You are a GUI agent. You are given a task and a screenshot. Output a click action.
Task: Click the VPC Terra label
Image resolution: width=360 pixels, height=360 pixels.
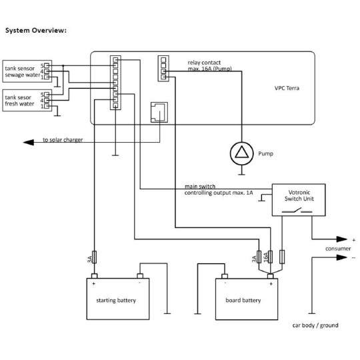tap(287, 87)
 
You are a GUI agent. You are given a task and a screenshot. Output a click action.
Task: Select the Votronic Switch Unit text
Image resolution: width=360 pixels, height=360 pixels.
tap(299, 195)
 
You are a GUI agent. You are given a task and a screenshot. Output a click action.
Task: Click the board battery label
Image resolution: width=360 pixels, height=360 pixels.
tap(243, 300)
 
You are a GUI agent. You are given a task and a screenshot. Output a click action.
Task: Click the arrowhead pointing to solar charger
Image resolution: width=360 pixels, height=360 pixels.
tap(27, 141)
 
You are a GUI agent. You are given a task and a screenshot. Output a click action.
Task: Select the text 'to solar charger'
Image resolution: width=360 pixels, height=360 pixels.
tap(63, 140)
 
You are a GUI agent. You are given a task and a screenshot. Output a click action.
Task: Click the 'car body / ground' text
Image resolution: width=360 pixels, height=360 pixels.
tap(315, 325)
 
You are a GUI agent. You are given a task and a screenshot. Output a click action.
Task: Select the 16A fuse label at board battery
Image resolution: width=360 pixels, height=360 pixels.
tap(266, 257)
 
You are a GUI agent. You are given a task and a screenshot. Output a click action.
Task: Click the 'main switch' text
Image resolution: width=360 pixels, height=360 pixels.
tap(199, 186)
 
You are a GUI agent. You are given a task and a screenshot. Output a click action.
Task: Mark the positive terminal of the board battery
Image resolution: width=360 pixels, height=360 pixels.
tap(271, 277)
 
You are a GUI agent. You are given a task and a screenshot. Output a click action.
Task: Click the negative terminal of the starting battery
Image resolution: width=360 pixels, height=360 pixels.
tap(139, 276)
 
